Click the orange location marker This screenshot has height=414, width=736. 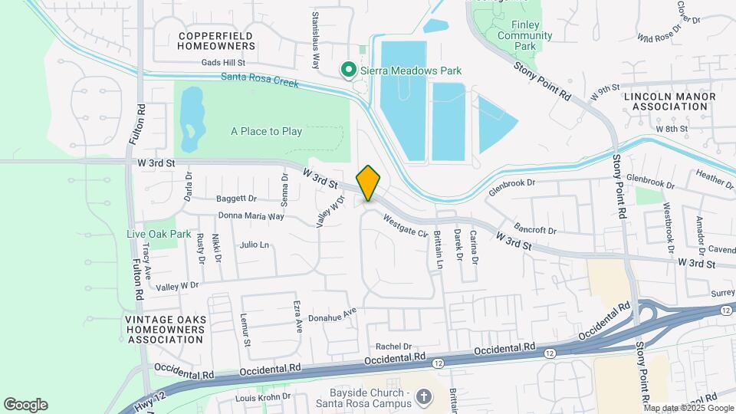click(x=369, y=182)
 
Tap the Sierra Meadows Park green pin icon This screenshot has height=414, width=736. click(x=348, y=71)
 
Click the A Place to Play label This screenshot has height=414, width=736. click(x=266, y=131)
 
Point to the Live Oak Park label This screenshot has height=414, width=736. click(x=159, y=233)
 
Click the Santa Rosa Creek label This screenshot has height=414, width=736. click(x=259, y=77)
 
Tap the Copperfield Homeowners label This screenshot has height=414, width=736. click(x=216, y=41)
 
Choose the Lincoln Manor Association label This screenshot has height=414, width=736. click(x=669, y=101)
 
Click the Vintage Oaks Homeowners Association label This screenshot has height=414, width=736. click(x=166, y=329)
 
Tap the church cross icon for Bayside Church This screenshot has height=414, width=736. click(x=424, y=397)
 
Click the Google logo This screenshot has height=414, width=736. click(x=25, y=405)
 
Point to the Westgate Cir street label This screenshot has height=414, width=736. click(x=406, y=226)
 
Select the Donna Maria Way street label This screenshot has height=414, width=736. click(x=251, y=216)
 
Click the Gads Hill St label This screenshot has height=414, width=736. click(x=222, y=63)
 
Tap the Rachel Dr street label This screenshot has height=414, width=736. click(x=393, y=346)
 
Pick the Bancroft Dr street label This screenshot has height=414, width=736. click(x=534, y=229)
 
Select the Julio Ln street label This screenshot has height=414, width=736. click(x=254, y=245)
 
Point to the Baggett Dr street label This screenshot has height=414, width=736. click(x=235, y=198)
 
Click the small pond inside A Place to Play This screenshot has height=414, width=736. click(x=190, y=120)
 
